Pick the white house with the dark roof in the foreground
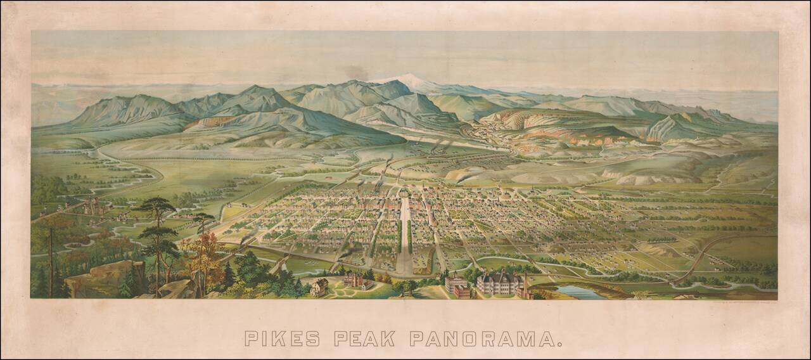[319, 287]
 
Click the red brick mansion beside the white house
[353, 279]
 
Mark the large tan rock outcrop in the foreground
[101, 276]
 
